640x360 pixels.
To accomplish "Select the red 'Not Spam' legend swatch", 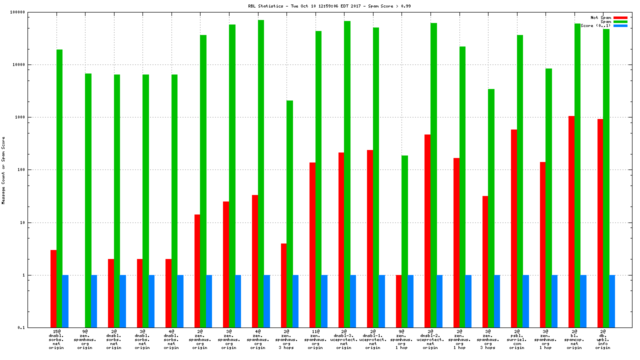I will pos(620,17).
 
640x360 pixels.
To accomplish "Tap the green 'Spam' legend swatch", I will pos(620,21).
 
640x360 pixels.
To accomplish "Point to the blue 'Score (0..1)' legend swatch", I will pos(620,25).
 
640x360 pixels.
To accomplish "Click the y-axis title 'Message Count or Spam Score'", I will pos(3,170).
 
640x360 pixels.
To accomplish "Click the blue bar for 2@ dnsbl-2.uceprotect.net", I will pos(439,301).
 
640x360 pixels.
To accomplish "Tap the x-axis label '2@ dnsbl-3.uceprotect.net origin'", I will pos(344,339).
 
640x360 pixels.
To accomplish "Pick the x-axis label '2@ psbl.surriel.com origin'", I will pos(517,339).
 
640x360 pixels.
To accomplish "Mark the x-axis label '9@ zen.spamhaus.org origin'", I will pos(85,339).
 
